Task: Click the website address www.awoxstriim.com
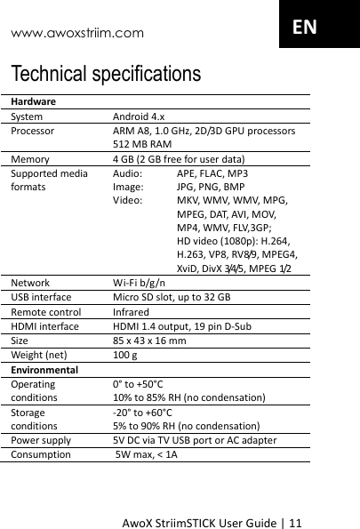coord(76,34)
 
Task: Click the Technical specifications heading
coord(106,73)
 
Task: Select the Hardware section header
coord(35,102)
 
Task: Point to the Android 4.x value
coord(138,116)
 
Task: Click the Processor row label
coord(32,131)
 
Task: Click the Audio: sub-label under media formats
coord(127,174)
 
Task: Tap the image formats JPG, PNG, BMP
coord(211,188)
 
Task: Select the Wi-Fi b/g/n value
coord(137,283)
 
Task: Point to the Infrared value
coord(131,312)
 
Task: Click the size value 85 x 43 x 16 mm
coord(148,341)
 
